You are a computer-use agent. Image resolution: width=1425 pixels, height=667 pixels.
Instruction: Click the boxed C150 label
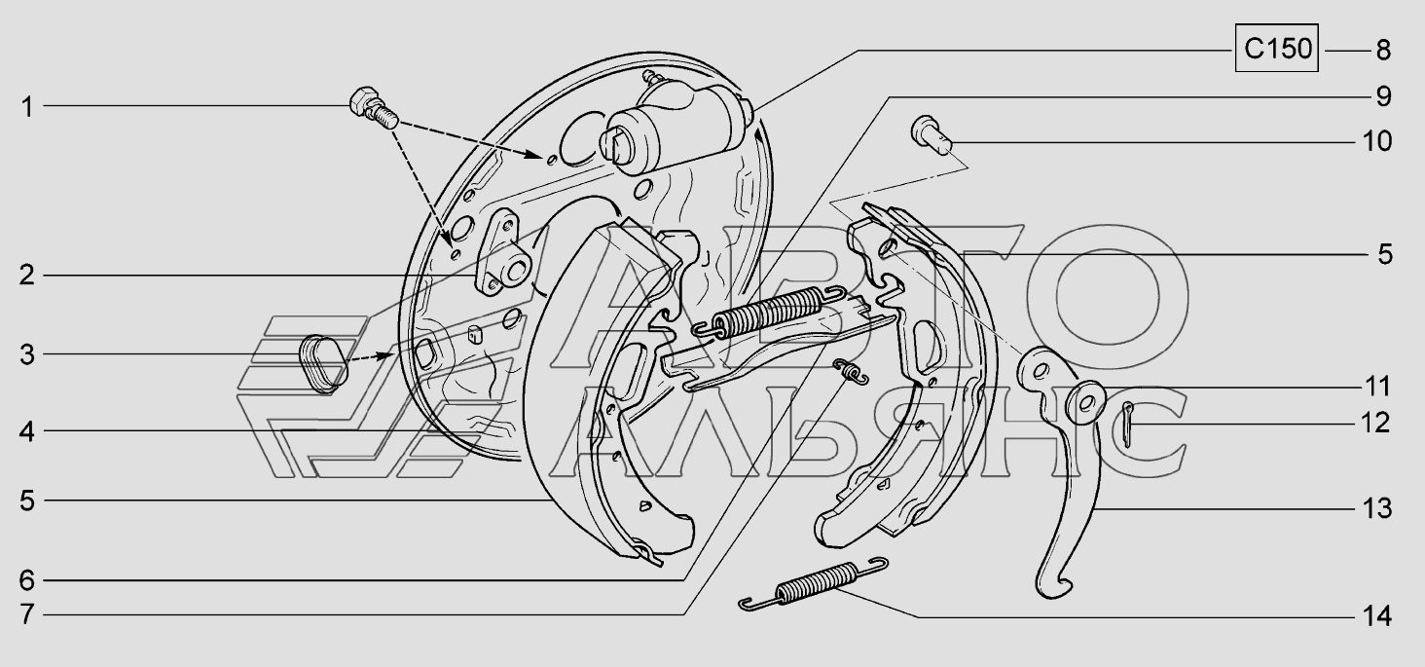(x=1276, y=48)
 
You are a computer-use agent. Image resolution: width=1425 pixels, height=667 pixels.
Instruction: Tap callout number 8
(x=1383, y=51)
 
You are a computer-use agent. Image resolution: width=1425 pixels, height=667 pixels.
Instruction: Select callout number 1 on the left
(x=26, y=107)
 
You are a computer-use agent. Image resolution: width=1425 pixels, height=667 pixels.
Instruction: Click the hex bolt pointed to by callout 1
(x=374, y=110)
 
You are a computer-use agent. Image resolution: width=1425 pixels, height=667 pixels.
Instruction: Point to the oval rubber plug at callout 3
(x=323, y=363)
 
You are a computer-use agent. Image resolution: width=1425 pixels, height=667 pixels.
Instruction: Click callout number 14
(x=1376, y=616)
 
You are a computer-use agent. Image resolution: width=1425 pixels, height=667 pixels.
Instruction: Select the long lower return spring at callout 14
(x=814, y=583)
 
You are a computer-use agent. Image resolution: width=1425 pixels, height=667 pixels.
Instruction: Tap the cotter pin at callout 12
(x=1126, y=425)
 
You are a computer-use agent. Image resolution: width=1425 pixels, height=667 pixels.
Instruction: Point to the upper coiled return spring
(x=768, y=312)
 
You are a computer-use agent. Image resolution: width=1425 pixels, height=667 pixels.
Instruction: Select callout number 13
(x=1376, y=508)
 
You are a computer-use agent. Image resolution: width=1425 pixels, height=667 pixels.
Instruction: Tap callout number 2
(x=26, y=276)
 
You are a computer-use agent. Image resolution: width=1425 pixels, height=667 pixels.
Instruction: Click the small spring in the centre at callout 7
(x=851, y=371)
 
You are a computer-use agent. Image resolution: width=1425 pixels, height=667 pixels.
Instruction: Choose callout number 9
(x=1383, y=96)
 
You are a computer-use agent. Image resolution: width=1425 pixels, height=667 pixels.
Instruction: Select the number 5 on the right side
(x=1385, y=254)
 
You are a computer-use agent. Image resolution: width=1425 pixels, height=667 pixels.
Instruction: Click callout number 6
(x=26, y=579)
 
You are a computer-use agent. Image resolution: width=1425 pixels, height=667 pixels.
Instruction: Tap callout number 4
(x=26, y=431)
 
